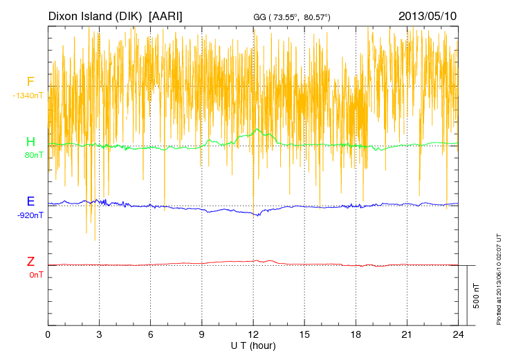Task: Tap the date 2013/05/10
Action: pyautogui.click(x=428, y=15)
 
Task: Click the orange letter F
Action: pyautogui.click(x=30, y=82)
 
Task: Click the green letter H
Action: pyautogui.click(x=30, y=142)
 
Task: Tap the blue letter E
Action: pyautogui.click(x=30, y=201)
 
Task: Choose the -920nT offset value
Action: pyautogui.click(x=30, y=215)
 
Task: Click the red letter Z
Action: pyautogui.click(x=30, y=262)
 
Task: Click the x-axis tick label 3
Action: pyautogui.click(x=99, y=334)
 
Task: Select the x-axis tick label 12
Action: pyautogui.click(x=253, y=334)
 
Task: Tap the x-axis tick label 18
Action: pyautogui.click(x=356, y=334)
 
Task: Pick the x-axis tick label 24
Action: pyautogui.click(x=458, y=334)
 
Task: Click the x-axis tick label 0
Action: pyautogui.click(x=48, y=334)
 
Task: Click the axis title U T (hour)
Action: pyautogui.click(x=253, y=345)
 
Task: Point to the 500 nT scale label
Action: pyautogui.click(x=477, y=296)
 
